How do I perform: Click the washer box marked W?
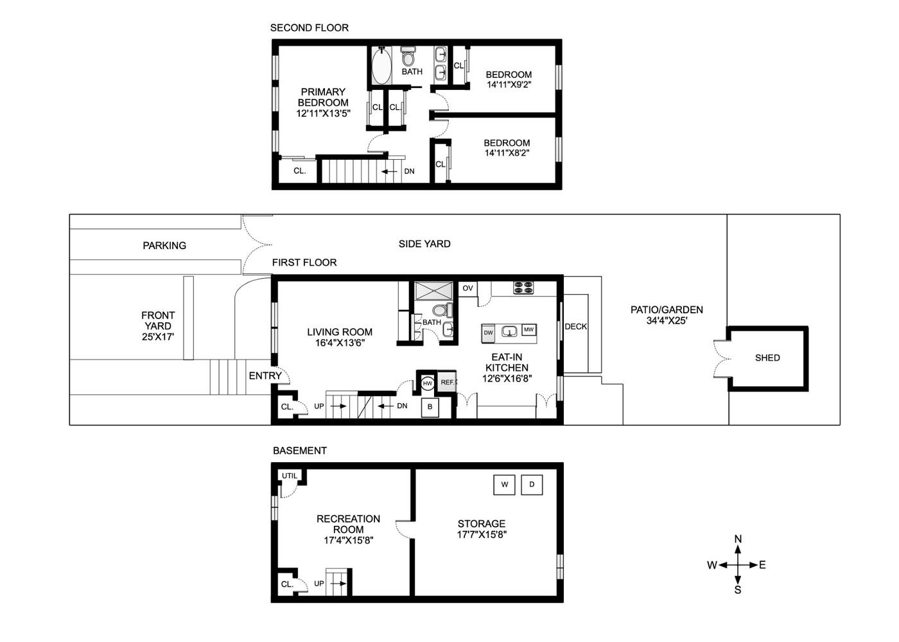(x=504, y=485)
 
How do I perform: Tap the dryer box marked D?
(x=532, y=485)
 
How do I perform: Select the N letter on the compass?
(x=738, y=539)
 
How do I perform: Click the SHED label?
(x=767, y=358)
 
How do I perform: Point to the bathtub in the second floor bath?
(x=381, y=65)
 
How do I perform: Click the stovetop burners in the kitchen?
(x=523, y=288)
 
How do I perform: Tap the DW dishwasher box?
(x=488, y=333)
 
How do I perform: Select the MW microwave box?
(x=528, y=330)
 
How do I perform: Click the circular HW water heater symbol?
(x=428, y=383)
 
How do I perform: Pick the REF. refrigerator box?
(x=447, y=383)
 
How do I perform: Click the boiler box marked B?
(x=430, y=407)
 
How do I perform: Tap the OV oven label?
(x=467, y=288)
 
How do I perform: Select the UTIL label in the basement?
(x=290, y=476)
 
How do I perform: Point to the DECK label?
(x=575, y=327)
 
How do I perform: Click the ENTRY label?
(x=265, y=376)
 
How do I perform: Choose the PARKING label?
(x=164, y=245)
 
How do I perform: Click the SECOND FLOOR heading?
(x=309, y=28)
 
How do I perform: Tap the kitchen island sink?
(x=510, y=333)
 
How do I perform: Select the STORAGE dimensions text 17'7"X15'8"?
(x=482, y=534)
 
